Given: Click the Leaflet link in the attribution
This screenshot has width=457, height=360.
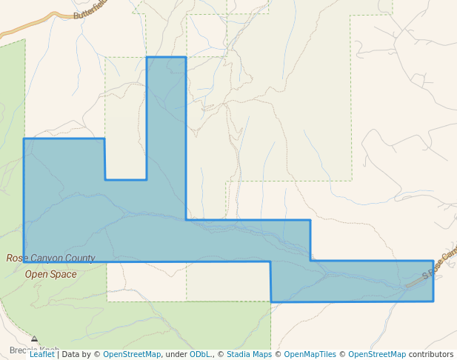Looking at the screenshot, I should [41, 354].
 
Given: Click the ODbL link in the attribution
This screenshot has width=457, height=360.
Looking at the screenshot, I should [200, 354].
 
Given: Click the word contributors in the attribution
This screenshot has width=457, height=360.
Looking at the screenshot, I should [430, 354].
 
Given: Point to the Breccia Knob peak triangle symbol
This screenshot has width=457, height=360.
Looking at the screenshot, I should [34, 339].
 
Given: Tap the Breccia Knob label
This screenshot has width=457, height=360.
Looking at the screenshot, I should [34, 350].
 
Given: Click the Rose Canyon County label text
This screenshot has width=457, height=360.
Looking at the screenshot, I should [50, 259].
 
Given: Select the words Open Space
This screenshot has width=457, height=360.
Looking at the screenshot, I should [50, 274].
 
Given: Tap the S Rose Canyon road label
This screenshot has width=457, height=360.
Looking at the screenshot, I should [440, 264].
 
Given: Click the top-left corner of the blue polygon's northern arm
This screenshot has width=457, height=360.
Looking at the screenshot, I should [147, 57].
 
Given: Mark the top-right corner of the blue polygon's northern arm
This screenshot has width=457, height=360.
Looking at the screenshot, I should [185, 57].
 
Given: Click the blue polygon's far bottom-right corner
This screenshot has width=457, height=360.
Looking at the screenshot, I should [433, 301].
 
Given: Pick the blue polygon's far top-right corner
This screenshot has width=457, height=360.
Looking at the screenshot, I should [433, 261].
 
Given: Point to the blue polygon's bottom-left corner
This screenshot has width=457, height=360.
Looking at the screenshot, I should [24, 261].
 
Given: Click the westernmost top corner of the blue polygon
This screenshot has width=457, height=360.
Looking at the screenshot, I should [24, 139].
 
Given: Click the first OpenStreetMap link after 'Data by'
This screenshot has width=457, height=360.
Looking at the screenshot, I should [131, 354].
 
